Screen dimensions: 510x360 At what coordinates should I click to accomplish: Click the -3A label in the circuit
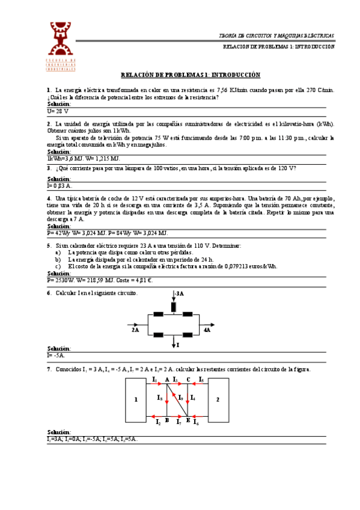(x=180, y=293)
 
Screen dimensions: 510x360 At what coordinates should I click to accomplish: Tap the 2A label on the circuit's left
(x=135, y=330)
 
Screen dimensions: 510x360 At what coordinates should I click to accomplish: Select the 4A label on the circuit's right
(x=207, y=330)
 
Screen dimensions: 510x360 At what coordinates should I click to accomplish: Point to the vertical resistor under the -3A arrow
(x=174, y=307)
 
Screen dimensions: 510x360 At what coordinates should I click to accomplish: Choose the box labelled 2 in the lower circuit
(x=218, y=399)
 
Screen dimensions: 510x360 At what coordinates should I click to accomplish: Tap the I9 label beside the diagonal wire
(x=181, y=398)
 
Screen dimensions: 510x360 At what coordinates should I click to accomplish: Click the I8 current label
(x=159, y=398)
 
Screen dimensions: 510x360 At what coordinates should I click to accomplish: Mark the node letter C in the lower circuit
(x=188, y=379)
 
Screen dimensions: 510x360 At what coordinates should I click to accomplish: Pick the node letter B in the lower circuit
(x=166, y=420)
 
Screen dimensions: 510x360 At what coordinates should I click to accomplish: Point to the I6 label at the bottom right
(x=197, y=423)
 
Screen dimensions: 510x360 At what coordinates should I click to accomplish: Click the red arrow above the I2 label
(x=157, y=416)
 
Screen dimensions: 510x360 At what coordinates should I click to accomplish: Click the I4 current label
(x=193, y=398)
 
